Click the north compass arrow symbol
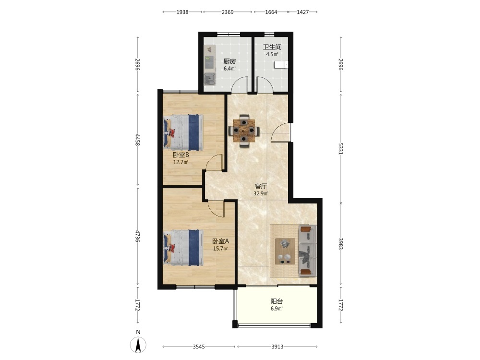pos(138,345)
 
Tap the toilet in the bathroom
pos(281,65)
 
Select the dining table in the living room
pos(244,131)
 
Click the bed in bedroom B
pos(183,132)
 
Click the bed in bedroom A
pos(183,248)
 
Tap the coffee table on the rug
pos(285,252)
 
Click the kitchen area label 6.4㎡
pos(229,69)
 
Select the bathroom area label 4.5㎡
pos(272,55)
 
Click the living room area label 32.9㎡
pos(261,193)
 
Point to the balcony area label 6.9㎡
pos(276,309)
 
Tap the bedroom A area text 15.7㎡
pos(221,249)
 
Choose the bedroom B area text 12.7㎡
pos(180,162)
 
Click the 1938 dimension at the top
pos(182,12)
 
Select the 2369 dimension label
pos(228,12)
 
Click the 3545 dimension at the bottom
pos(199,347)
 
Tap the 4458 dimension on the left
pos(138,140)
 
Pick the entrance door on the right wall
pos(281,132)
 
